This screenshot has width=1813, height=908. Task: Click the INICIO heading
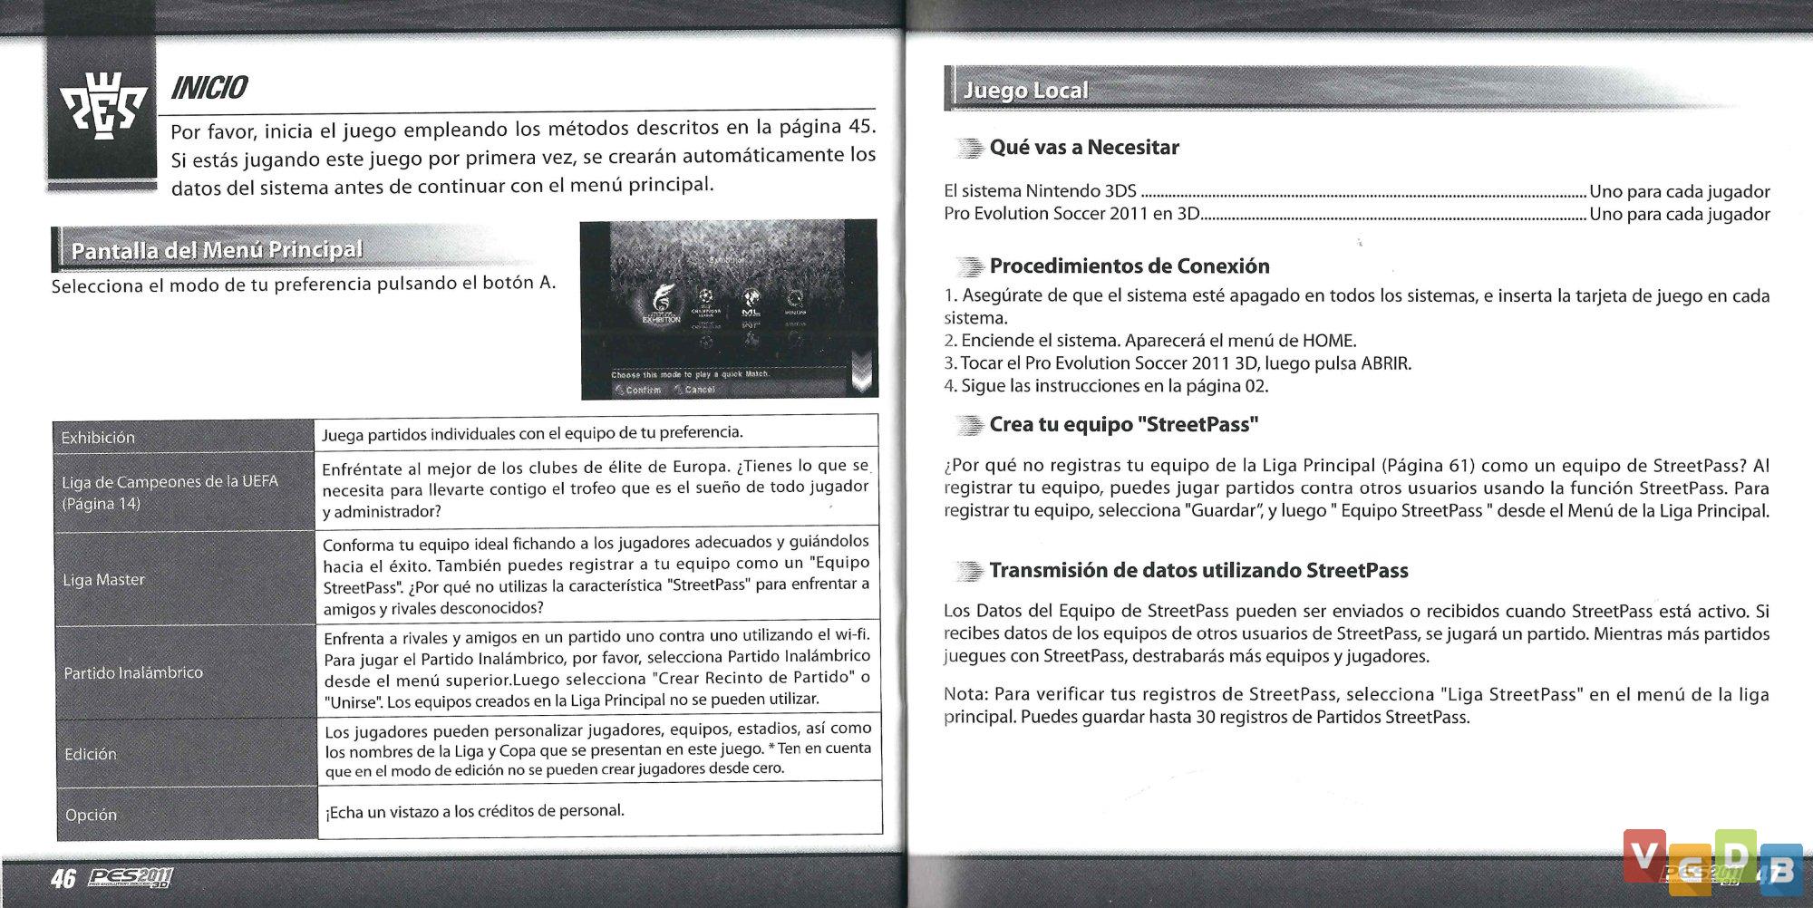point(209,87)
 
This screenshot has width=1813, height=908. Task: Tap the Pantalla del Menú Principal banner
point(217,250)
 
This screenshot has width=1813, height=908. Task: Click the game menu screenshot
point(729,309)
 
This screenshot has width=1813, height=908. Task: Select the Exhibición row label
point(98,438)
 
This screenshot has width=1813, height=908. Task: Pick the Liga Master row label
point(103,580)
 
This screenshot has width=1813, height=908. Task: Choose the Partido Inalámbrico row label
point(133,672)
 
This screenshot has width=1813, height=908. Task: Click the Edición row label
point(91,754)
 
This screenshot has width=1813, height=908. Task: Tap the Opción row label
point(91,815)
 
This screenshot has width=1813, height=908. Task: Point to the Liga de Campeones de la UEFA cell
point(170,492)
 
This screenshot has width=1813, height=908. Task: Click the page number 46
point(63,878)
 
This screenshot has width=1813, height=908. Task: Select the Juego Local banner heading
point(1025,91)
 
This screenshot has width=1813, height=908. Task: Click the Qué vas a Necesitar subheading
point(1084,147)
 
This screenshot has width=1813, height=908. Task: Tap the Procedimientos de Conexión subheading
point(1129,266)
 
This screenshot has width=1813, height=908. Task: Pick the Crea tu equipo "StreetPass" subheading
point(1123,424)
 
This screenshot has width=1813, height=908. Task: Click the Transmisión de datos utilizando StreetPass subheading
point(1198,570)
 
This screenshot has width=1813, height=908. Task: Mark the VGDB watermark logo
point(1712,860)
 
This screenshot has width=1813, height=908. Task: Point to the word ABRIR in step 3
point(1385,363)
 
